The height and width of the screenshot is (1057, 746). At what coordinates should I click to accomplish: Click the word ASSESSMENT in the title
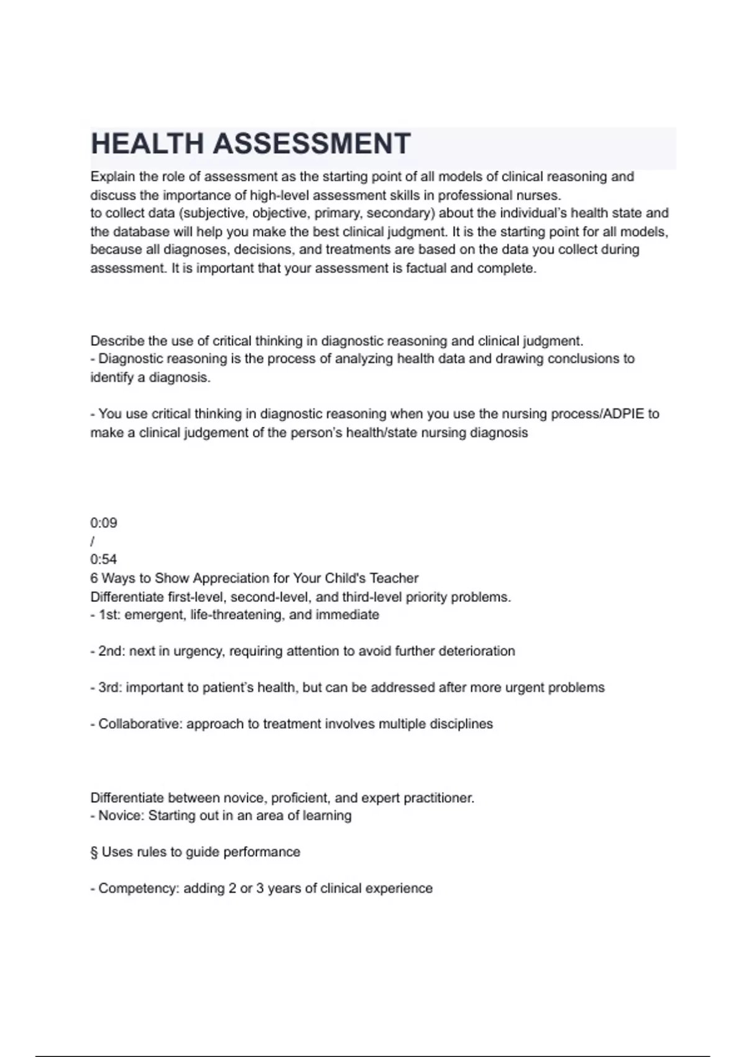pyautogui.click(x=312, y=144)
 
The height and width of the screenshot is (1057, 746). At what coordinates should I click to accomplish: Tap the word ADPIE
pyautogui.click(x=624, y=414)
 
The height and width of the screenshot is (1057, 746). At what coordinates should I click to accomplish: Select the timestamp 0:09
pyautogui.click(x=104, y=523)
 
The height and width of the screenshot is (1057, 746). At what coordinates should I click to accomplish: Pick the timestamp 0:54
pyautogui.click(x=104, y=560)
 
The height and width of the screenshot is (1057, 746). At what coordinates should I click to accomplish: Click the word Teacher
pyautogui.click(x=394, y=578)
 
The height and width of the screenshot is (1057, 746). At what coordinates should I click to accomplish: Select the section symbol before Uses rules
pyautogui.click(x=94, y=852)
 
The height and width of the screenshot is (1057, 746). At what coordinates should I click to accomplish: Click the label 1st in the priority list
pyautogui.click(x=107, y=615)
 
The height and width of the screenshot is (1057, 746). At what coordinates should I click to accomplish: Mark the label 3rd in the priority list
pyautogui.click(x=109, y=688)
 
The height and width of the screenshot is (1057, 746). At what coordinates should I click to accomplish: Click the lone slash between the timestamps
pyautogui.click(x=93, y=542)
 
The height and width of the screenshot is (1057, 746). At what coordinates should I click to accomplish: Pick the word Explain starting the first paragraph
pyautogui.click(x=113, y=177)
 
